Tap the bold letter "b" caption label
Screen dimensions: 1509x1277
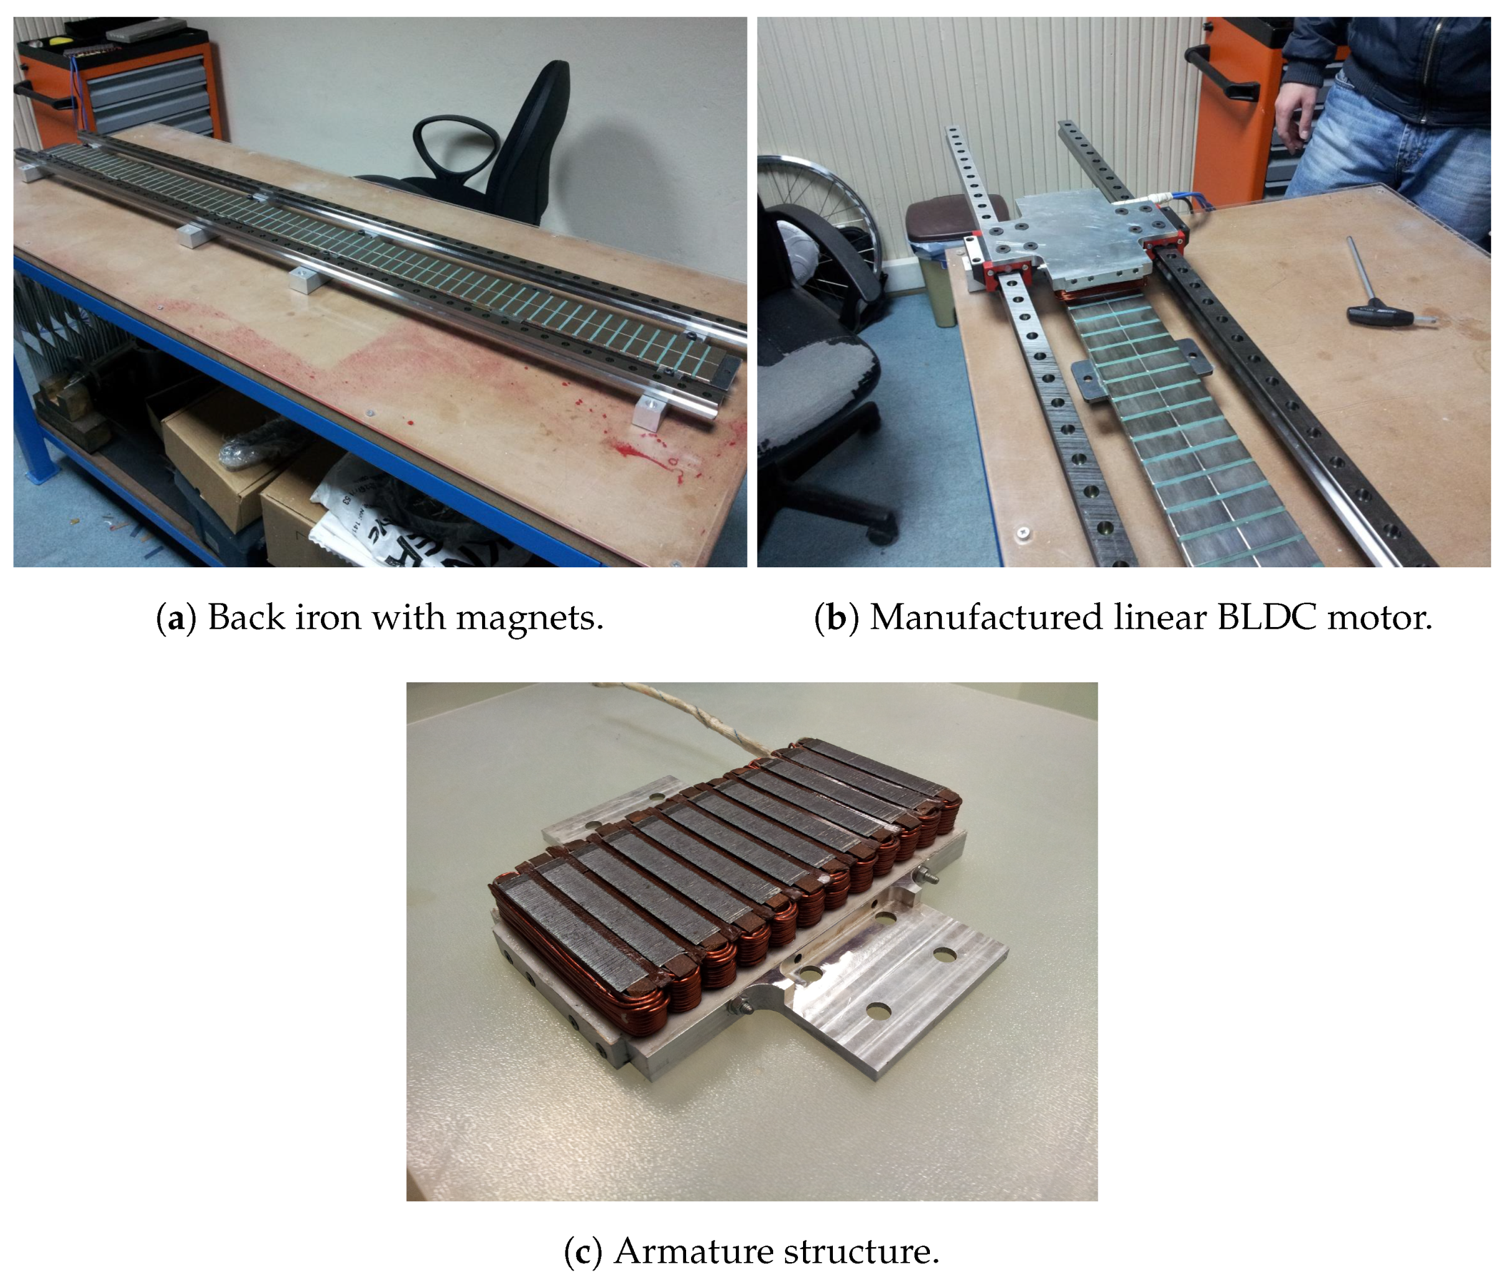tap(837, 618)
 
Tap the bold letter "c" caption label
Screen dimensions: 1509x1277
tap(583, 1251)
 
